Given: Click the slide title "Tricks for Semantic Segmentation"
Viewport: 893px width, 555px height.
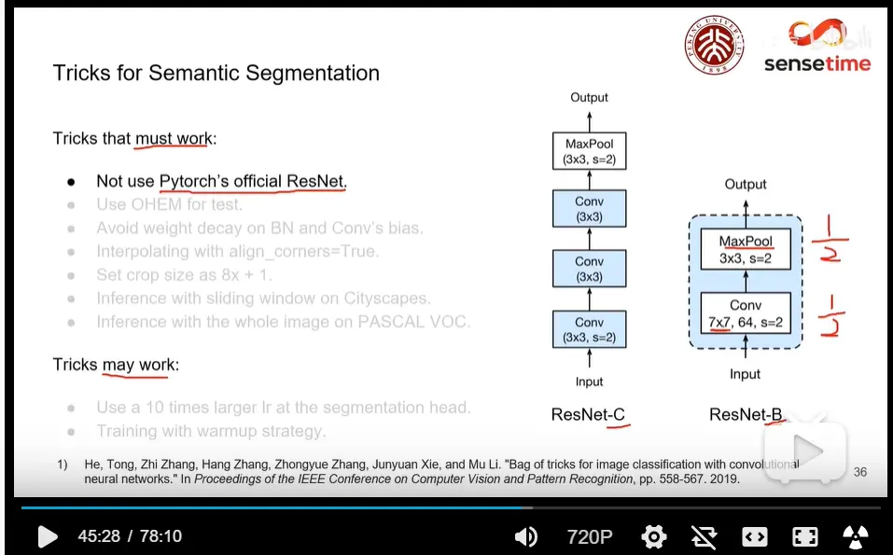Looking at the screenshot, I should (x=216, y=73).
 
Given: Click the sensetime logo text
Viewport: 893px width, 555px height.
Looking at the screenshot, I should (x=816, y=63).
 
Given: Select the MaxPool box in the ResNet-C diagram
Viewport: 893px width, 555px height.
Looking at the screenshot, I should (x=589, y=150).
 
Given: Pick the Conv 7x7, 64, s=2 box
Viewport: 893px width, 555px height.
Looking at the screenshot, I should (x=745, y=314).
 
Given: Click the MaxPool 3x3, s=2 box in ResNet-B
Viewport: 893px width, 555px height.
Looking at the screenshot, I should (x=745, y=249).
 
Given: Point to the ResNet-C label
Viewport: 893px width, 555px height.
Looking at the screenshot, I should (x=588, y=414).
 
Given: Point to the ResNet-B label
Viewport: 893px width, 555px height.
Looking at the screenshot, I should (x=746, y=414).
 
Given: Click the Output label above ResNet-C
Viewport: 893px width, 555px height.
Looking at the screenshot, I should (x=589, y=97).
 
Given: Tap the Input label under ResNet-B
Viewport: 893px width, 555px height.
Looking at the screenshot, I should (x=745, y=374).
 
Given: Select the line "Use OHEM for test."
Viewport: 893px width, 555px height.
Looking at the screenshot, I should (x=169, y=204).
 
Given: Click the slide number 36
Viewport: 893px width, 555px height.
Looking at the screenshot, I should (x=859, y=472).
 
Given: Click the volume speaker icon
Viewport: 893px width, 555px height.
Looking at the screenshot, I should (x=526, y=536).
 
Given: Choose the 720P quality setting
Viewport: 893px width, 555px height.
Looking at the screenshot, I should (x=590, y=536).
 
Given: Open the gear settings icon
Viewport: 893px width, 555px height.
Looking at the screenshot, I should (x=654, y=536).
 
